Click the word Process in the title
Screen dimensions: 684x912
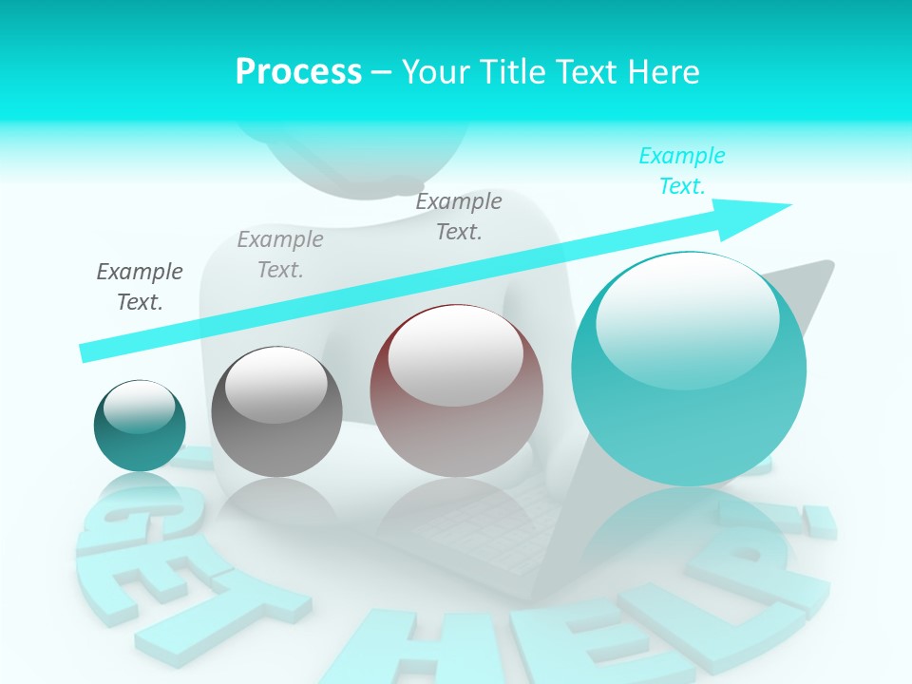coord(298,71)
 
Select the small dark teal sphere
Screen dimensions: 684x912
coord(140,426)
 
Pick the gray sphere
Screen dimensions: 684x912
coord(276,411)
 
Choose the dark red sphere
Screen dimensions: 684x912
coord(457,390)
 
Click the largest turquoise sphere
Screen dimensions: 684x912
coord(689,370)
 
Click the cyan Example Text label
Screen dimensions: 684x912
coord(682,171)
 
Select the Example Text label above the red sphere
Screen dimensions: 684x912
coord(459,216)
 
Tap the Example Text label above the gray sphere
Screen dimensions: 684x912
coord(280,254)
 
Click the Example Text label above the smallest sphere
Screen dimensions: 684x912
coord(140,286)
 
